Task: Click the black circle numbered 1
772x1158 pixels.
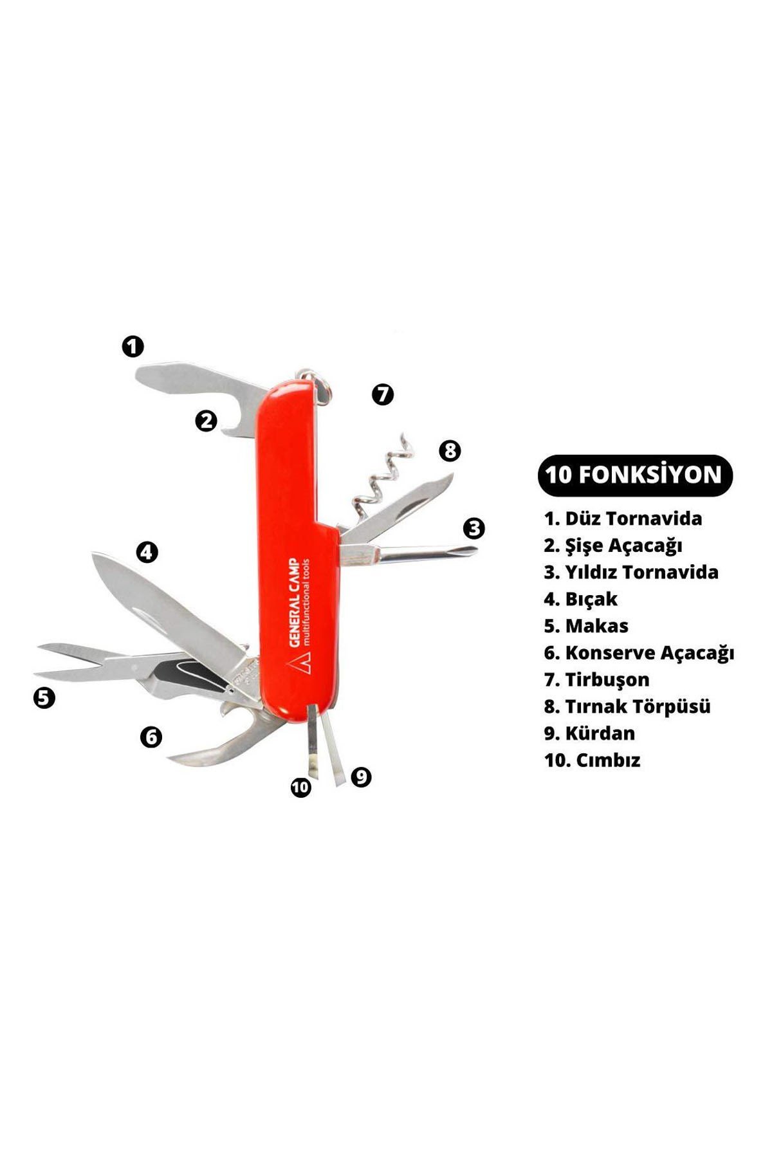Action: (133, 346)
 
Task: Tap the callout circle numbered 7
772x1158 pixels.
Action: (383, 394)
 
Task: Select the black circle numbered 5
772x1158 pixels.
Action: (44, 697)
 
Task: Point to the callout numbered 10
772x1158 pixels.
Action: (300, 787)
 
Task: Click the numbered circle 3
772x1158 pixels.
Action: (474, 529)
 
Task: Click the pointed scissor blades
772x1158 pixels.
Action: (84, 659)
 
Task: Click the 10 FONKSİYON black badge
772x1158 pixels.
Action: (635, 475)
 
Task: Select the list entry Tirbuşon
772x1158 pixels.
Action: (596, 679)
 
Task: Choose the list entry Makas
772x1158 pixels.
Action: (586, 625)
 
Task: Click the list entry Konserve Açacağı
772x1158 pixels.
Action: (639, 653)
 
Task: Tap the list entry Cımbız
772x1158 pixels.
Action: (592, 760)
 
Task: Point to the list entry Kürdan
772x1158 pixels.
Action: (589, 733)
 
